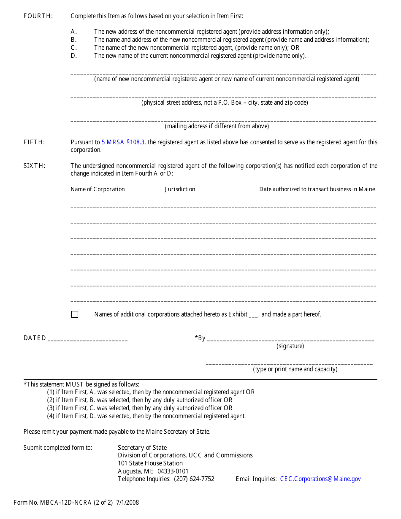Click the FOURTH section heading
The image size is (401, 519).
[x=38, y=16]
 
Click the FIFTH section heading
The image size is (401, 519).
[x=34, y=142]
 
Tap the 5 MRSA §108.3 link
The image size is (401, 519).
[x=123, y=142]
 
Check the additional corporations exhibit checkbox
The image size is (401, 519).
[x=75, y=314]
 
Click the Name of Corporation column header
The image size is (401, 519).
[x=98, y=189]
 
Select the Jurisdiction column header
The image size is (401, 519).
[x=180, y=189]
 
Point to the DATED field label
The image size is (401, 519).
[x=35, y=338]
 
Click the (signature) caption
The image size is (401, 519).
[x=290, y=346]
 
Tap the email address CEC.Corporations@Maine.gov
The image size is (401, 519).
[x=320, y=479]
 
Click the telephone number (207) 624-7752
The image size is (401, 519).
[x=194, y=479]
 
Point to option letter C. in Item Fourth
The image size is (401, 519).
[x=74, y=48]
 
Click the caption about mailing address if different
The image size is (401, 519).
[x=217, y=126]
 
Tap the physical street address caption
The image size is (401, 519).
[x=225, y=103]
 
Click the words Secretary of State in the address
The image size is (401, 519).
[x=142, y=448]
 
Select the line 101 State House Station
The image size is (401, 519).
[x=150, y=463]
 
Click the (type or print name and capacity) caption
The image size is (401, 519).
[x=295, y=369]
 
